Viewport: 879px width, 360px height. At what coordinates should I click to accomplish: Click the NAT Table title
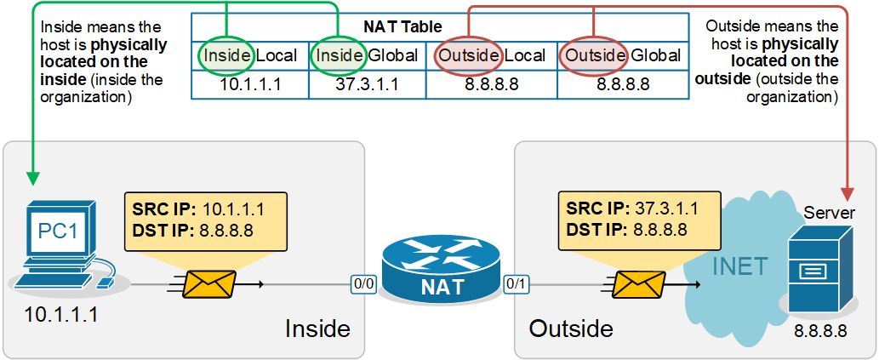point(440,26)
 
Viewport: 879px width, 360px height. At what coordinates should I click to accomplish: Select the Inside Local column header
point(249,56)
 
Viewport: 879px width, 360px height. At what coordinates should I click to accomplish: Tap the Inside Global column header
point(367,56)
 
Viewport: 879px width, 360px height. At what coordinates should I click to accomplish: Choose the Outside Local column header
point(491,56)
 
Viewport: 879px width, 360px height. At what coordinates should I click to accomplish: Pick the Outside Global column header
point(623,56)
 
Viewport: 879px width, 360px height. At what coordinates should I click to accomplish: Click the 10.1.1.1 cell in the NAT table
point(249,84)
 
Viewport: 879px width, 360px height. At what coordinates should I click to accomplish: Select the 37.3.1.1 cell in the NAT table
point(367,84)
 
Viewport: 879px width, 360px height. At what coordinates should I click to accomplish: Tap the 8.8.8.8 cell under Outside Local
point(491,84)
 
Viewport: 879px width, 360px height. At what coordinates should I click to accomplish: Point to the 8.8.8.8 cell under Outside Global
point(623,84)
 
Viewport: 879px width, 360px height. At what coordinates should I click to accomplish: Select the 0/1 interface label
point(516,283)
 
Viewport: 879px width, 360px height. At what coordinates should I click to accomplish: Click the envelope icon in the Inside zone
point(208,283)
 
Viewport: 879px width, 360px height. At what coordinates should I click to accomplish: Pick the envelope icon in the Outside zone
point(639,283)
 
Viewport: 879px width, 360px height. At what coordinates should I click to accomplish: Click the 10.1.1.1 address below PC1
point(60,315)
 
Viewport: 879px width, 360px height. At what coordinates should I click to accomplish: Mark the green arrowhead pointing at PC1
point(32,178)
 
